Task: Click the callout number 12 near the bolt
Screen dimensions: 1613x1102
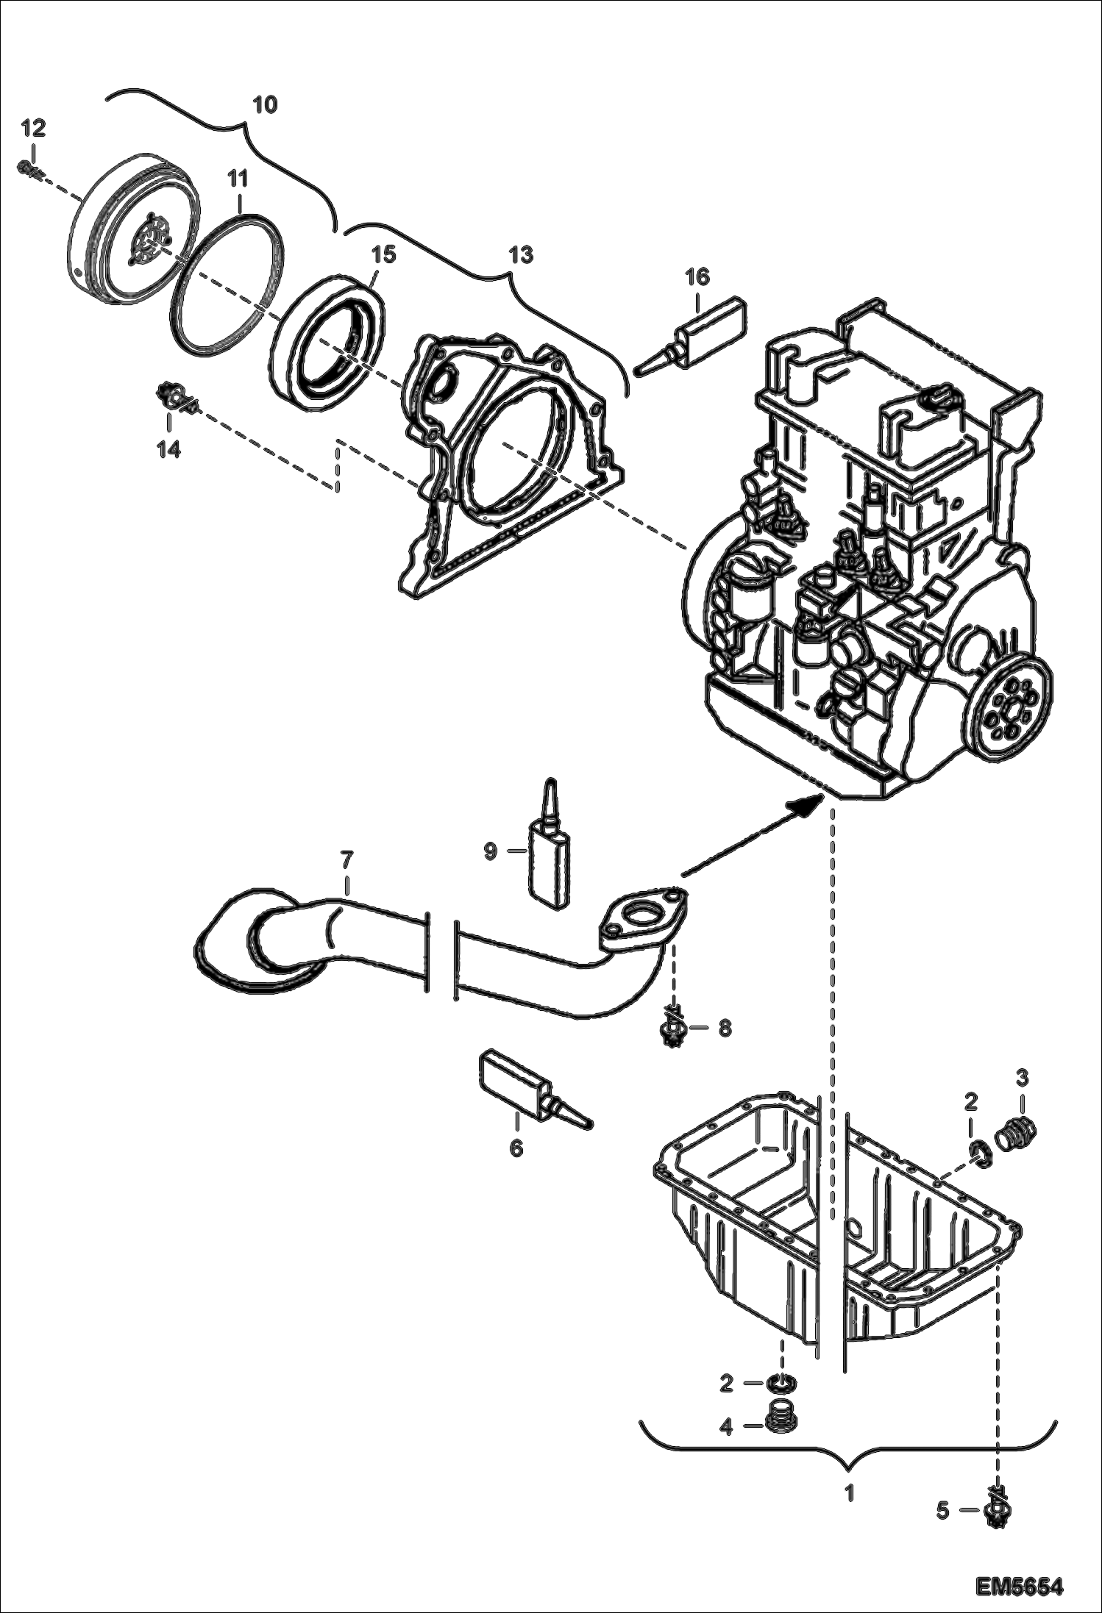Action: click(33, 128)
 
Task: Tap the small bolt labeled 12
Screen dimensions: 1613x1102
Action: click(26, 168)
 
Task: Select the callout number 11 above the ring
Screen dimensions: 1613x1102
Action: click(237, 179)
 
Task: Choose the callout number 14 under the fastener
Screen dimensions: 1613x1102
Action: click(168, 448)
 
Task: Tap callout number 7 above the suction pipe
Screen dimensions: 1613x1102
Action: click(346, 858)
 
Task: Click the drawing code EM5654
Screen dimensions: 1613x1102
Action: click(1020, 1583)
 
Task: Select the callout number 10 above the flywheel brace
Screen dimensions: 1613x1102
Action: click(265, 104)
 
